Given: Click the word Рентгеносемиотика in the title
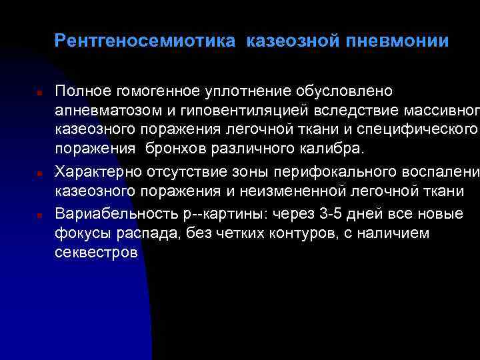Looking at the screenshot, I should pyautogui.click(x=145, y=42).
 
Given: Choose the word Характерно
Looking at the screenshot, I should pyautogui.click(x=98, y=173).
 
